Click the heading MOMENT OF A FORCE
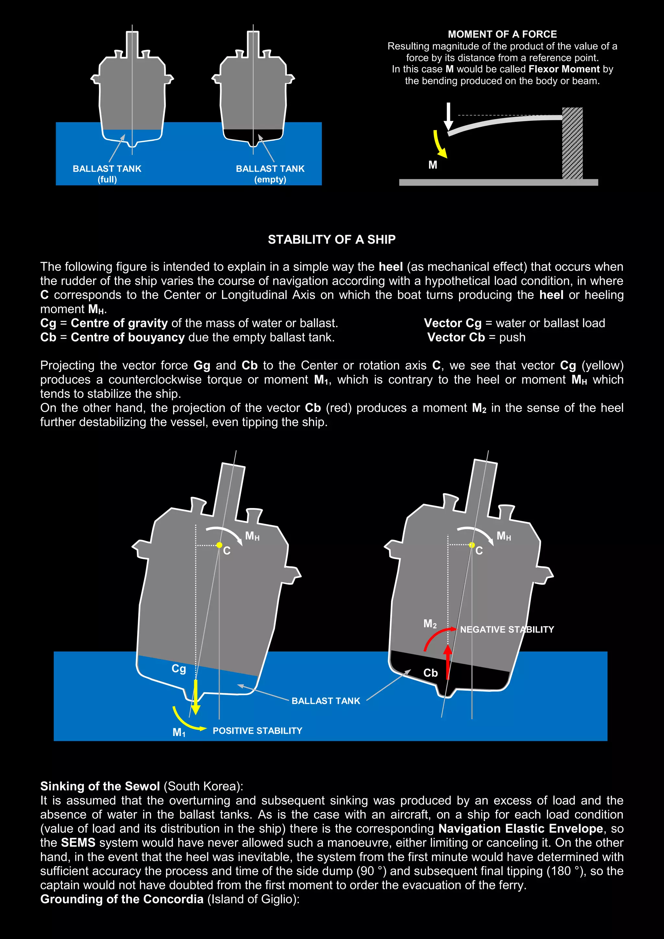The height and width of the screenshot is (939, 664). click(x=502, y=34)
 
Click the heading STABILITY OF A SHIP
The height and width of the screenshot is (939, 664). click(x=332, y=239)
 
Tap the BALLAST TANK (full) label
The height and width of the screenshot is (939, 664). click(x=107, y=174)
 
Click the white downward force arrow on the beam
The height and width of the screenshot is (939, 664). click(x=448, y=116)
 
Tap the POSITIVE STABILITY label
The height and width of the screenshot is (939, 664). click(x=257, y=731)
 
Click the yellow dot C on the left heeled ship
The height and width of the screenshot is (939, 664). click(x=219, y=545)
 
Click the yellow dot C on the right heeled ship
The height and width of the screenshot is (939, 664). click(x=472, y=545)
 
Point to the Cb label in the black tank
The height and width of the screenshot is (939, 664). click(x=430, y=673)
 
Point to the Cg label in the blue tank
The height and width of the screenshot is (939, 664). click(x=179, y=668)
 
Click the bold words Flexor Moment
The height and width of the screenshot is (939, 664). click(x=564, y=69)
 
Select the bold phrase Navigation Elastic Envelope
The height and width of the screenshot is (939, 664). click(x=520, y=828)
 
